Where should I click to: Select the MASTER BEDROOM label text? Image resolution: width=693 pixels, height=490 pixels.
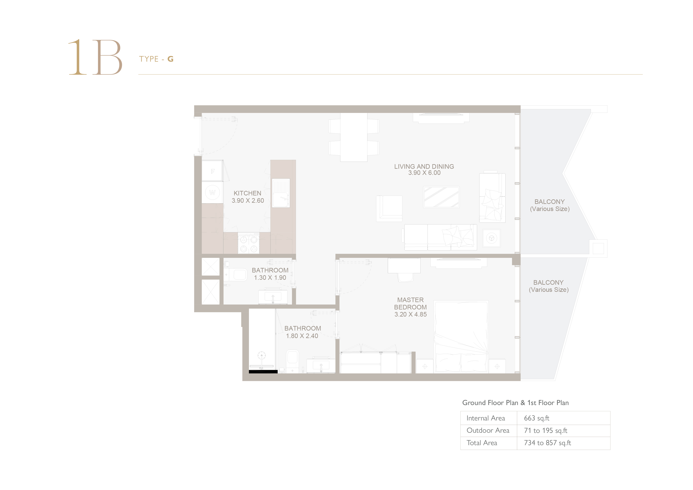pos(411,303)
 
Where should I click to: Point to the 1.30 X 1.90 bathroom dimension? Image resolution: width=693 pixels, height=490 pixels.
pos(270,278)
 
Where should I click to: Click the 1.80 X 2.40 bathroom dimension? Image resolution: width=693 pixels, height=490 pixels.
pos(302,336)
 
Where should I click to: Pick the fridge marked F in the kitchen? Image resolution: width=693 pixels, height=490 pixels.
pos(213,171)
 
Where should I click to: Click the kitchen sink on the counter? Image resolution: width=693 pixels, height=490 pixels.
pos(281,193)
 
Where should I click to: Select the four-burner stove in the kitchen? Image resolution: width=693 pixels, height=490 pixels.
pos(248,243)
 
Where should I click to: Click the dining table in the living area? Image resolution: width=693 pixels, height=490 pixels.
pos(354,137)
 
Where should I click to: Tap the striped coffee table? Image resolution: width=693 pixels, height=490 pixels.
pos(441,197)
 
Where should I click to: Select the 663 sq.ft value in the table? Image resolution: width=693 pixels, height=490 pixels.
pos(537,418)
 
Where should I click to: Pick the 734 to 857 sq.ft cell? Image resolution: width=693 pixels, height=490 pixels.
pos(548,443)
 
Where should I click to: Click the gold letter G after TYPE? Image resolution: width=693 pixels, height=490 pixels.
pos(170,59)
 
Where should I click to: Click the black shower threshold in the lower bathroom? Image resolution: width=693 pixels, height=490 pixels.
pos(263,372)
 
